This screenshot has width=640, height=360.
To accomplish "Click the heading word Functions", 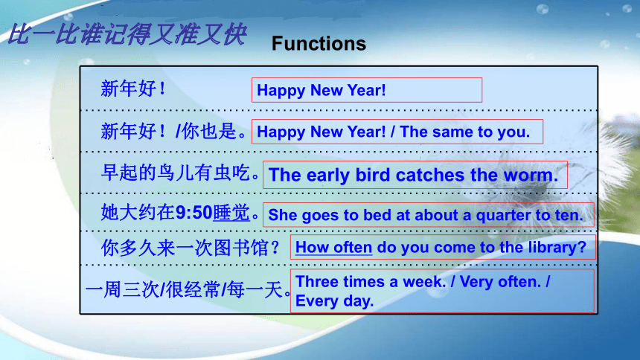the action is [319, 43].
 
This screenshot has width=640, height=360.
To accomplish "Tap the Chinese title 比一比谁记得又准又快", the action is [127, 34].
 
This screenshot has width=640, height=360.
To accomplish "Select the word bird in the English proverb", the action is [373, 175].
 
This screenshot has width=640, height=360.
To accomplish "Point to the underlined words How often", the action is [333, 248].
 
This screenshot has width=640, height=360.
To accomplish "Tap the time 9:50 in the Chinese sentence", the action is [193, 213].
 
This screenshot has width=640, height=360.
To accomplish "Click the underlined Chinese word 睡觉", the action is [231, 213].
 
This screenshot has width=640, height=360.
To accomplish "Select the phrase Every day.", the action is [334, 300].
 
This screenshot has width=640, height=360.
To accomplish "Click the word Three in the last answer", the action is [316, 282].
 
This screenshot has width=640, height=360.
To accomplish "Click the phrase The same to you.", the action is [464, 132].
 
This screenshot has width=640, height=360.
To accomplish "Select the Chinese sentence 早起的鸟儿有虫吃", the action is [176, 173].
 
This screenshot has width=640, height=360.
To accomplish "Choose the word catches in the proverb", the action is [430, 175].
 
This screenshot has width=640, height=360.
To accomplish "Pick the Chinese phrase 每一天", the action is [255, 290].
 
